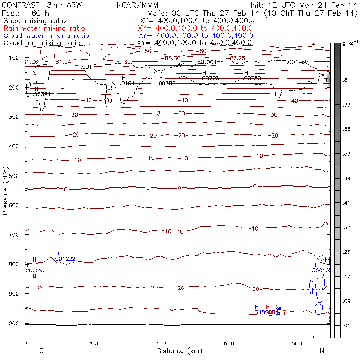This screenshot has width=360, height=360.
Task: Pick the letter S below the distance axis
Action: click(42, 351)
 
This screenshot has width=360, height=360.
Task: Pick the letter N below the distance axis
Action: click(322, 351)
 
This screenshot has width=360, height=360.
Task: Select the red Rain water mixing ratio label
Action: click(44, 28)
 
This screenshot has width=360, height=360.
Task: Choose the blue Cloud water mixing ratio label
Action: click(46, 36)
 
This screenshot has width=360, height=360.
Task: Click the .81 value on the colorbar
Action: click(347, 80)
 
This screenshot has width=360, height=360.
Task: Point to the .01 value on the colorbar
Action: click(347, 325)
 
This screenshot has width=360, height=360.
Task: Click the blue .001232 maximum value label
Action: click(65, 259)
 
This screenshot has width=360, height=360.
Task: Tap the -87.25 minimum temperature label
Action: click(237, 58)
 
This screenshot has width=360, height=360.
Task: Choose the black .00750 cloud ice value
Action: click(252, 78)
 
